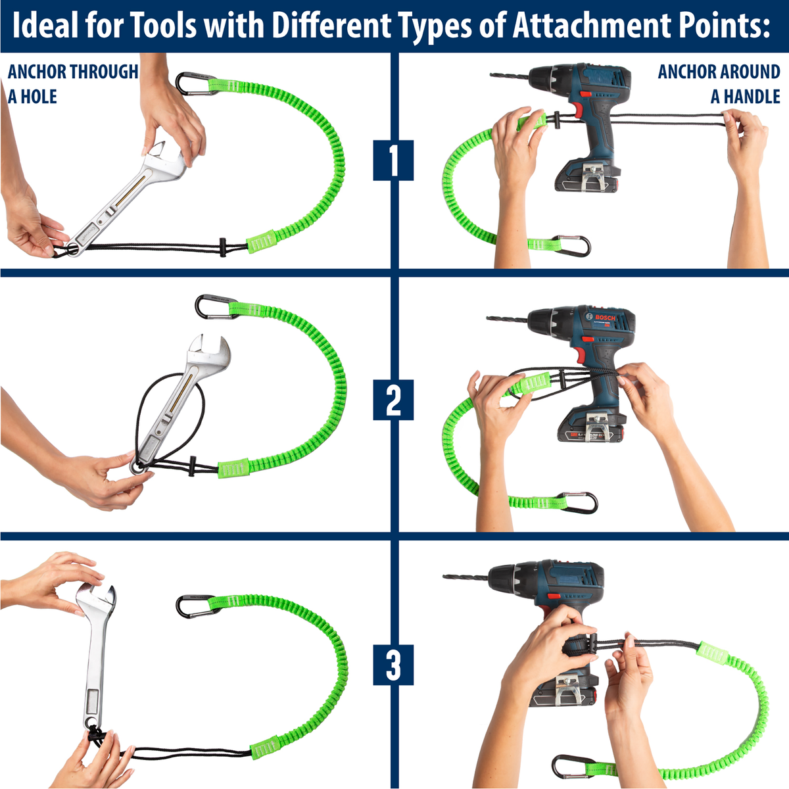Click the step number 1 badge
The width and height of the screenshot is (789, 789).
tap(393, 160)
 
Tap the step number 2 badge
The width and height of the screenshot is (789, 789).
tap(393, 400)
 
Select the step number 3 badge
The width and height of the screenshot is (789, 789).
tap(393, 665)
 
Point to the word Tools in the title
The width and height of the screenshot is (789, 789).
tap(163, 26)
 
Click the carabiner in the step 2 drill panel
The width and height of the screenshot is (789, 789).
tap(578, 502)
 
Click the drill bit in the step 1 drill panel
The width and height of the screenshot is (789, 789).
tap(510, 76)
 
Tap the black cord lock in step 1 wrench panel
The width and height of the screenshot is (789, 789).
tap(222, 247)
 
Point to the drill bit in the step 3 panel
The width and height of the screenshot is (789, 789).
tap(466, 577)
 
